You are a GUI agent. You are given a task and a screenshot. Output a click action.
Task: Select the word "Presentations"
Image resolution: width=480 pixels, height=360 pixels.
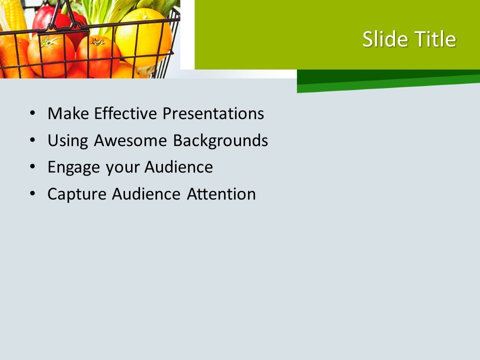tap(213, 113)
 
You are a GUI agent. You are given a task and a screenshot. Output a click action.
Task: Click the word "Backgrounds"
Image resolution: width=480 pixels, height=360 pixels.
tap(220, 140)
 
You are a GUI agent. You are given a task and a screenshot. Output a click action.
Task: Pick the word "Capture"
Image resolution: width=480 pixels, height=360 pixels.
tap(77, 194)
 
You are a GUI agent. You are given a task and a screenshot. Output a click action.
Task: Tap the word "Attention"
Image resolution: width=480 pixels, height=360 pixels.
tap(221, 194)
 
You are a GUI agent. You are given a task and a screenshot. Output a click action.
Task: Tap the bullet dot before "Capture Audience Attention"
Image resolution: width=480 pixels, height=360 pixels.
tap(33, 194)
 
